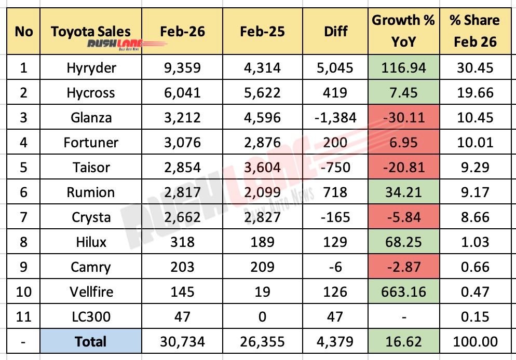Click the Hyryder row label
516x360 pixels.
91,68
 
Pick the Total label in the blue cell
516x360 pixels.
91,341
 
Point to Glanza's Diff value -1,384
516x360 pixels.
335,118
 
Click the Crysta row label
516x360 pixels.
91,217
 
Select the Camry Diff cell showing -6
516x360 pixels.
335,267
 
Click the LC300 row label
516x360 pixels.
91,316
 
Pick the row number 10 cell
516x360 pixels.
24,292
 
